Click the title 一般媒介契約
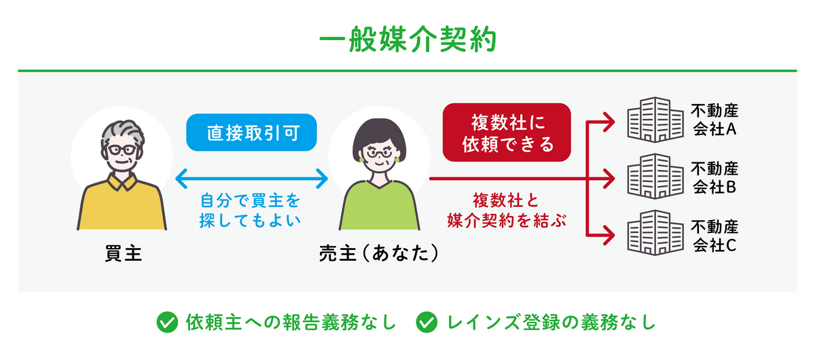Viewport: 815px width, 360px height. tap(407, 39)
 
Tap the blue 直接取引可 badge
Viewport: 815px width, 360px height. tap(251, 132)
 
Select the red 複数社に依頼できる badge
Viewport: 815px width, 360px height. tap(507, 132)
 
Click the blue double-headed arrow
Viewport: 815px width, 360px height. tap(251, 179)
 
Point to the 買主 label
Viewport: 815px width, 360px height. tap(123, 253)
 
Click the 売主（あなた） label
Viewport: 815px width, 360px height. tap(379, 253)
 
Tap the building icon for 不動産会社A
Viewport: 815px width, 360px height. tap(655, 120)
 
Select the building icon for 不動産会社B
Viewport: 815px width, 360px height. tap(655, 176)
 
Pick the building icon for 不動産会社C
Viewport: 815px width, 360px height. tap(655, 232)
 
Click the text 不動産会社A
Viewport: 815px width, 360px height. tap(714, 120)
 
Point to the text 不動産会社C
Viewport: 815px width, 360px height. tap(714, 236)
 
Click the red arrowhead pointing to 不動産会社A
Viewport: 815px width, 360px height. tap(609, 122)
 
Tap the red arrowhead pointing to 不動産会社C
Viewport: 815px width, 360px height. tap(609, 235)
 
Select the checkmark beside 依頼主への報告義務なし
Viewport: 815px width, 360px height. tap(167, 323)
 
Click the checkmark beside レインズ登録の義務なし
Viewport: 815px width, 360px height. tap(427, 323)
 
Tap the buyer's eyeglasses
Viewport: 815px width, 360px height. tap(122, 150)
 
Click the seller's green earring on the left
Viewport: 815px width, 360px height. tap(361, 160)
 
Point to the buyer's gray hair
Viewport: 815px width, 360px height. tap(123, 134)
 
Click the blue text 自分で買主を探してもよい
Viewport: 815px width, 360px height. tap(250, 211)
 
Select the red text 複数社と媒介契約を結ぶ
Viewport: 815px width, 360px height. tap(507, 211)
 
